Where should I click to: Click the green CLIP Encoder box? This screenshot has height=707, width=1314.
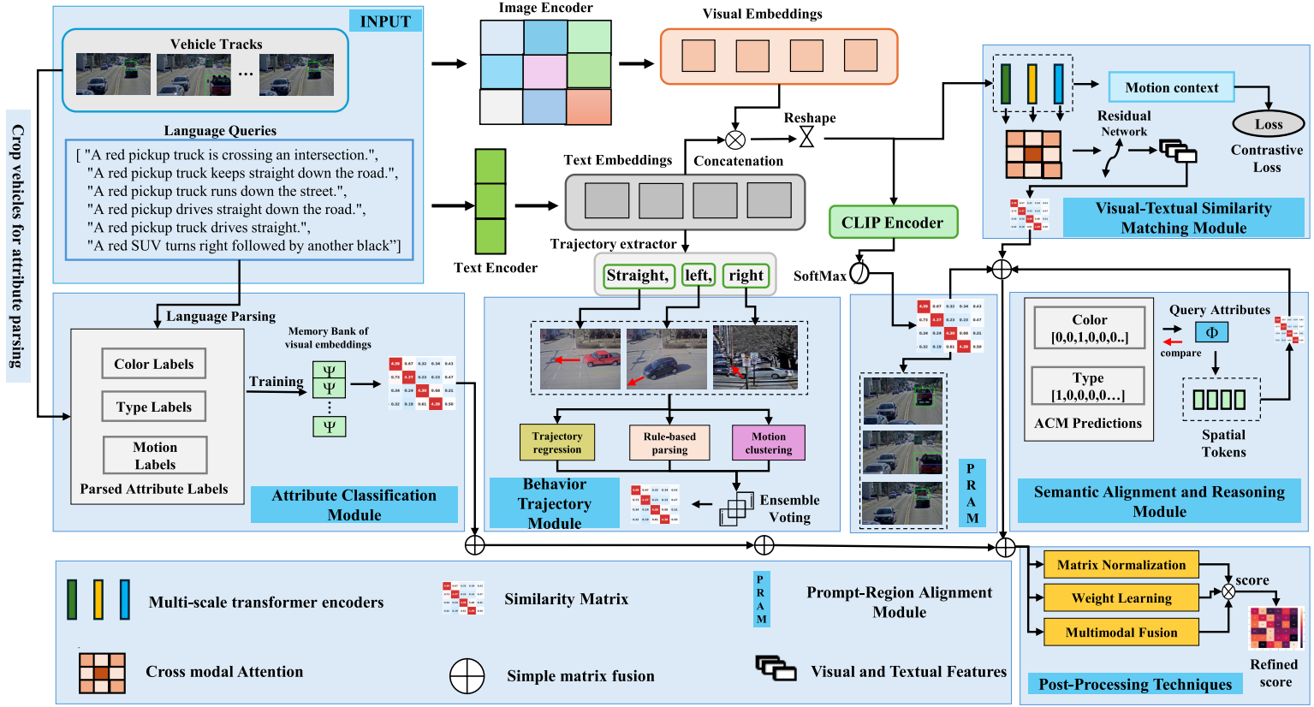(x=893, y=223)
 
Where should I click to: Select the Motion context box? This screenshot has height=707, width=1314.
(x=1171, y=87)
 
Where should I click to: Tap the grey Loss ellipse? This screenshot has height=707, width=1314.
(x=1268, y=124)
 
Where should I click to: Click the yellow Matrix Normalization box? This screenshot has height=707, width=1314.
(x=1121, y=565)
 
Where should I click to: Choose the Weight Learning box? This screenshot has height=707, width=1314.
(x=1121, y=598)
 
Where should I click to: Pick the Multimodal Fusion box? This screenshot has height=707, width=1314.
(x=1121, y=633)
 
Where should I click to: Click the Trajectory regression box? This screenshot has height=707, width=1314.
(x=556, y=443)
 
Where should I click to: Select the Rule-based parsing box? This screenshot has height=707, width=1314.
(x=669, y=443)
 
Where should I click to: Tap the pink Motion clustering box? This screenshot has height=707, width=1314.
(x=768, y=443)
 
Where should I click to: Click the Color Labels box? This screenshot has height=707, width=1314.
(x=154, y=364)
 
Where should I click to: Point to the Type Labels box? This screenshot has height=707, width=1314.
(x=154, y=407)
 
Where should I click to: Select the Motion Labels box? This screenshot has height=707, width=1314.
(x=155, y=455)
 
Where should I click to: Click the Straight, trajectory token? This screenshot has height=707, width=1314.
(x=637, y=276)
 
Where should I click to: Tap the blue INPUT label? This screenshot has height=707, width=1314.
(x=385, y=21)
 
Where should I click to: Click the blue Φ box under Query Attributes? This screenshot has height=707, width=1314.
(x=1211, y=332)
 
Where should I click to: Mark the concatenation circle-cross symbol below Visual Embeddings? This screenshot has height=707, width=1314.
(x=734, y=140)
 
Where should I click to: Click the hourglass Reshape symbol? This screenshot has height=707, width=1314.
(x=806, y=137)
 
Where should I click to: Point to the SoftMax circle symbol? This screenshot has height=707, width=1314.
(x=859, y=273)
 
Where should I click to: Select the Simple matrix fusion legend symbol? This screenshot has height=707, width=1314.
(x=467, y=675)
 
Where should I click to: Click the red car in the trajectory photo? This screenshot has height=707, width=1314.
(x=602, y=358)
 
